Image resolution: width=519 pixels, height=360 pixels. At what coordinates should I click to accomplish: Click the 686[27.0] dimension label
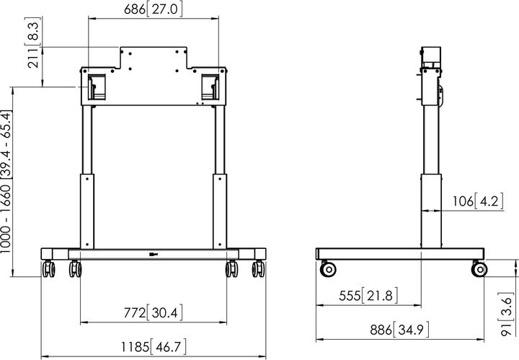tap(154, 9)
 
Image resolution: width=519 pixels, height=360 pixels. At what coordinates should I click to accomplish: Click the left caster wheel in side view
tap(328, 269)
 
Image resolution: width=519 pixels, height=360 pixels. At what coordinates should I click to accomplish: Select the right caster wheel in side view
tap(479, 269)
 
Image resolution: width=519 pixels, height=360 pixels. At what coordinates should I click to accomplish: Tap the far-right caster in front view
tap(258, 269)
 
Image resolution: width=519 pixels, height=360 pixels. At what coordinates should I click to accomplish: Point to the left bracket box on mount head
tap(94, 85)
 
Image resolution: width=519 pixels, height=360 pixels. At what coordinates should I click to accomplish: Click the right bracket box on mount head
tap(210, 85)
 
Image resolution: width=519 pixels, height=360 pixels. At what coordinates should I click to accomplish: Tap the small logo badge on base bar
tap(152, 253)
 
